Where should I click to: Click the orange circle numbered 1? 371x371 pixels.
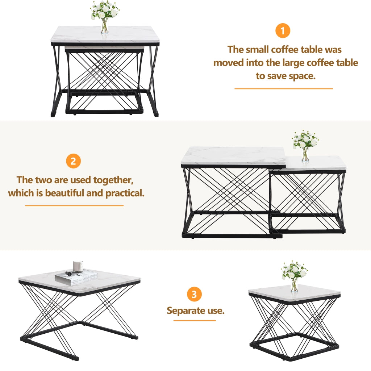coord(283,30)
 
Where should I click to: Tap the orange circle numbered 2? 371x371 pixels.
coord(73,161)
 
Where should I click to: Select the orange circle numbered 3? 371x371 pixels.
coord(194,294)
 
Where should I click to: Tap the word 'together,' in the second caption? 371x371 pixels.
coord(113,180)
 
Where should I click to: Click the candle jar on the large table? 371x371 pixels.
coord(78,266)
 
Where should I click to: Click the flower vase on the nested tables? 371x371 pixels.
coord(104,17)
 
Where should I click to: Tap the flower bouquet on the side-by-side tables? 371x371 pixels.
coord(305,146)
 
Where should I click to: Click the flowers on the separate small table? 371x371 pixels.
coord(294,276)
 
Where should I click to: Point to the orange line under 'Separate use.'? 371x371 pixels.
coord(195,321)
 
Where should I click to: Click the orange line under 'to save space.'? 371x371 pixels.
coord(284,89)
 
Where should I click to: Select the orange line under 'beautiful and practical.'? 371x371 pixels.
coord(74,206)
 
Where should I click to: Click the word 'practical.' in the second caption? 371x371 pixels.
coord(125,193)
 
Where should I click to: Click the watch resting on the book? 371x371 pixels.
coord(71,274)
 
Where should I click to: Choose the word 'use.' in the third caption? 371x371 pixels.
coord(216,310)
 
